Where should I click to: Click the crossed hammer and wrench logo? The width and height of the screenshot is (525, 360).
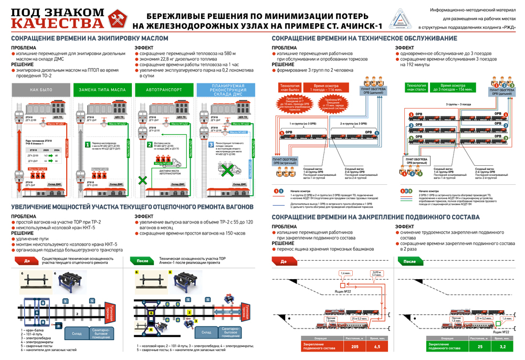117,19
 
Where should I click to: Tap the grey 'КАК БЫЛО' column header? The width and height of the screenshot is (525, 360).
41,90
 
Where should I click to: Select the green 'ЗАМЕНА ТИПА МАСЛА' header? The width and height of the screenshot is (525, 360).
102,90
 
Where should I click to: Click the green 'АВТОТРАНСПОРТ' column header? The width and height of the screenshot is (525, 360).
164,90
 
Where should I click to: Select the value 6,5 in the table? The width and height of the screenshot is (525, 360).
377,346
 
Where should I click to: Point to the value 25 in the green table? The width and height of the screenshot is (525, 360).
480,346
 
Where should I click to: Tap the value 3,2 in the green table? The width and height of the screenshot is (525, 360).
503,346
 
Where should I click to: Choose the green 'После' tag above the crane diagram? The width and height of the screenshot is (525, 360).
142,260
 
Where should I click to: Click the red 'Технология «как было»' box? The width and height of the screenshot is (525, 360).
289,87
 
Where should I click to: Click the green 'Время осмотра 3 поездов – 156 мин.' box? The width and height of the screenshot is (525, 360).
453,87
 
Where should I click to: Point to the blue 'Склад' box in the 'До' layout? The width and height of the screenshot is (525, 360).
77,333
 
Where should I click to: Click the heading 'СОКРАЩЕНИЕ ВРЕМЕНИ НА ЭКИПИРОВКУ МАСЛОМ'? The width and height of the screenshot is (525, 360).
90,38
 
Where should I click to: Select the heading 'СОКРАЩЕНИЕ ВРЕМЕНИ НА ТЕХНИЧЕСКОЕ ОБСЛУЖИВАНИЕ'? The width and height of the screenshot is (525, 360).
364,38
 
